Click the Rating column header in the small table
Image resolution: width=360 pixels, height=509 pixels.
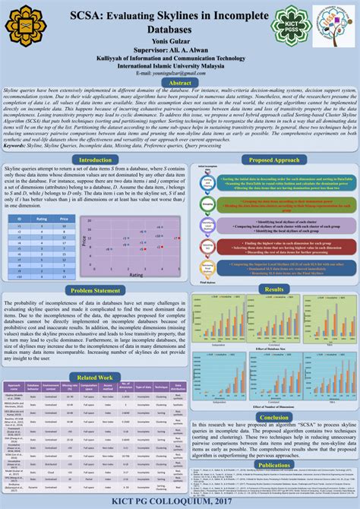[43, 217]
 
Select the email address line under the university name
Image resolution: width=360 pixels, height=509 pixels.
[179, 73]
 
